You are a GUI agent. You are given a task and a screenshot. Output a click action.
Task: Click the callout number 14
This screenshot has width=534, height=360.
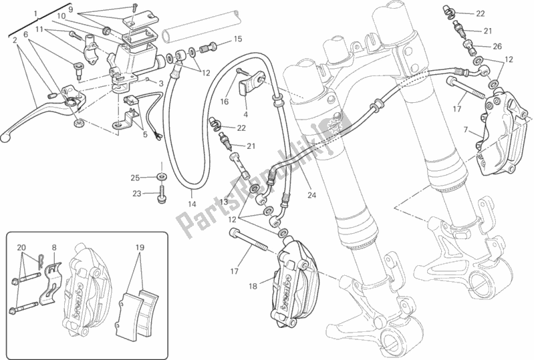191,202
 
